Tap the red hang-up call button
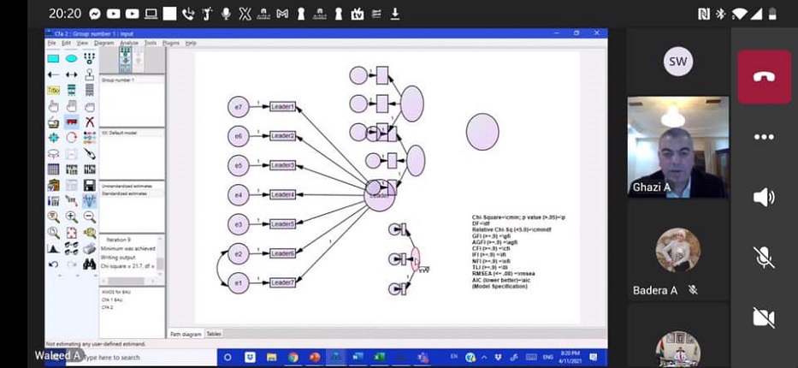pos(764,76)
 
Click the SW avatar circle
pos(677,62)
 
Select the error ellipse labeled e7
pos(239,107)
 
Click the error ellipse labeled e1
pos(239,282)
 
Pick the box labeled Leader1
pos(282,107)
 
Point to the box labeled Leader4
pos(282,195)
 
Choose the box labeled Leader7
pos(282,282)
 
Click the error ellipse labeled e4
pos(239,195)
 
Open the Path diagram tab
pos(186,334)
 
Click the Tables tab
pos(214,334)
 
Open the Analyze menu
pos(130,43)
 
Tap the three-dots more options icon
pos(764,137)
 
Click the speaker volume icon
pos(764,198)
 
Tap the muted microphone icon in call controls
pos(764,257)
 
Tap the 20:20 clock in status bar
pos(64,15)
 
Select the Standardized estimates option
pos(124,194)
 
